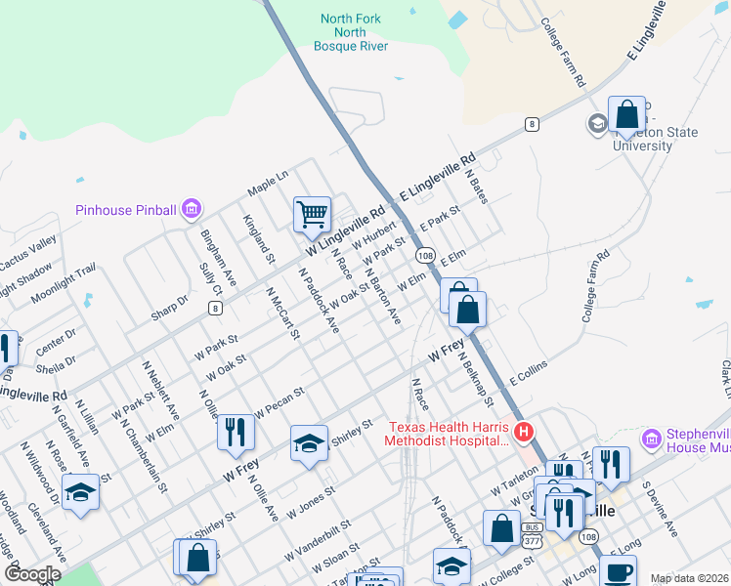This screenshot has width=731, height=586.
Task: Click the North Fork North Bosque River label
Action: click(352, 32)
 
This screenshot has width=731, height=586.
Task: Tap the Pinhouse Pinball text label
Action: click(126, 210)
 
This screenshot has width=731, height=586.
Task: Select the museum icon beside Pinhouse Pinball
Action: click(191, 209)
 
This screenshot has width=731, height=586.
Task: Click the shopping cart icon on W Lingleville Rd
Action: click(312, 213)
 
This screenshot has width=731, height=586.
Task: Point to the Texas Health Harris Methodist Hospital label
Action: click(450, 434)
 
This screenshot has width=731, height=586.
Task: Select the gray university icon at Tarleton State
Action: click(596, 124)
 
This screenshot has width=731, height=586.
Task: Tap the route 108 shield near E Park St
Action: click(424, 255)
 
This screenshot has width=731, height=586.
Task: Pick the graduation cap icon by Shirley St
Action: click(309, 443)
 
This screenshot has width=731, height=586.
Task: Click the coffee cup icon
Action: click(617, 571)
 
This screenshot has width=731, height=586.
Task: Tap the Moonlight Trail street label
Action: click(64, 282)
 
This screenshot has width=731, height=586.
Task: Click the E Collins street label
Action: click(528, 371)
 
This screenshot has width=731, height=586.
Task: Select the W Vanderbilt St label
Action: click(318, 546)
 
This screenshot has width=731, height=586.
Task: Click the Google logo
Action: click(32, 575)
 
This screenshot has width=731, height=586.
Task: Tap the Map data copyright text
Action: click(690, 578)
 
